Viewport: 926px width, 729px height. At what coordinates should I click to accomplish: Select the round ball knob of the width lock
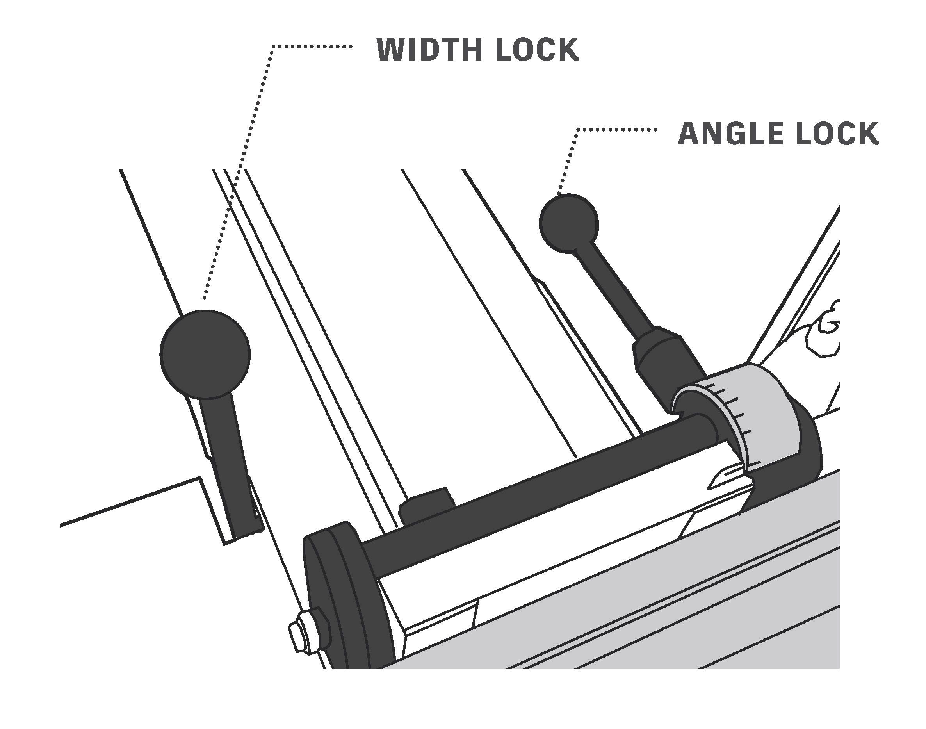tap(205, 354)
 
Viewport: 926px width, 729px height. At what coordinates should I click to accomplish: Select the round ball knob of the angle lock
tap(568, 223)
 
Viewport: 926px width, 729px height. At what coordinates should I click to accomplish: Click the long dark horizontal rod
tap(533, 491)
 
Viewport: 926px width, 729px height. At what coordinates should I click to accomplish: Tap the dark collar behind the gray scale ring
tap(807, 444)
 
